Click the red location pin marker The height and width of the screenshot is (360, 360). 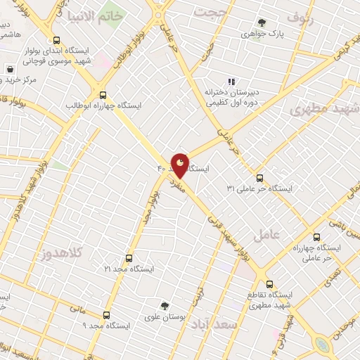coord(180,165)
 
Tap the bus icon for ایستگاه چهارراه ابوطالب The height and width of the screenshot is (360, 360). coord(103,95)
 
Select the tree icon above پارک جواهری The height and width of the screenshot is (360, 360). coord(262,22)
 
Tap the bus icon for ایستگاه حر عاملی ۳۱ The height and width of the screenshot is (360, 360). coord(259,178)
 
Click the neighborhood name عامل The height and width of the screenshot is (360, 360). coord(287,234)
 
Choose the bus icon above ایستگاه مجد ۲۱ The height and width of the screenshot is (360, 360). coord(128,258)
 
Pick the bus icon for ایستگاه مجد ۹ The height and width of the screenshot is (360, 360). coord(106,315)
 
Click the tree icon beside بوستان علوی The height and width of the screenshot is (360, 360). coord(165,306)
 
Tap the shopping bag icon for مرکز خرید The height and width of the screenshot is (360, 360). coord(11,70)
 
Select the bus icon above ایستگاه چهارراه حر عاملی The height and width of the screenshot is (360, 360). coord(316,237)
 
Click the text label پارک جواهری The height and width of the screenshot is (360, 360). coord(262,33)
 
